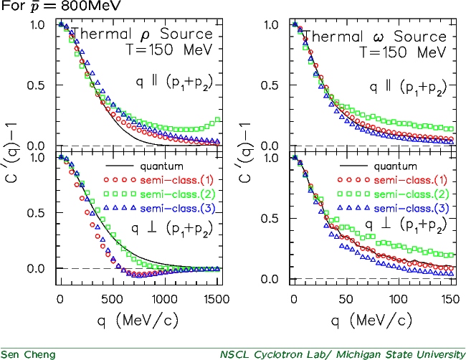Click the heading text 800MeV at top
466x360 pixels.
coord(90,6)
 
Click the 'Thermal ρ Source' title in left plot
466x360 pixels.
coord(142,34)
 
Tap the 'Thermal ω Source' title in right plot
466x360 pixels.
coord(376,37)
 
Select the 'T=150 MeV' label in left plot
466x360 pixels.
coord(170,49)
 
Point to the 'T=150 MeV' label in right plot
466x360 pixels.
coord(404,52)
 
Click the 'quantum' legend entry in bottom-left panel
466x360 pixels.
coord(162,166)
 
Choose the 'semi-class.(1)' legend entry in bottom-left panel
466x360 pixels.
coord(177,180)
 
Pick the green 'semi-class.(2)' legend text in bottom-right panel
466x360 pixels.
coord(411,194)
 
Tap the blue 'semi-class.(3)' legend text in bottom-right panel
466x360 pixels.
coord(411,209)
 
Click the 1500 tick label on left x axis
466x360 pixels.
coord(217,299)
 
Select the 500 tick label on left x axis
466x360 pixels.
coord(112,299)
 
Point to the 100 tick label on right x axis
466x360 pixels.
coord(398,299)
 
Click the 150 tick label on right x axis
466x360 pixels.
coord(450,299)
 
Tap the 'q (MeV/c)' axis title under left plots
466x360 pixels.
coord(138,321)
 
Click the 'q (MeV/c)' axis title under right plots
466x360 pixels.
coord(372,321)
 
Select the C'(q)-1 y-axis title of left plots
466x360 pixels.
coord(12,151)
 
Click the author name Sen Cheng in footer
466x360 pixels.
coord(28,354)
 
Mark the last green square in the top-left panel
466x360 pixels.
coord(217,120)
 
